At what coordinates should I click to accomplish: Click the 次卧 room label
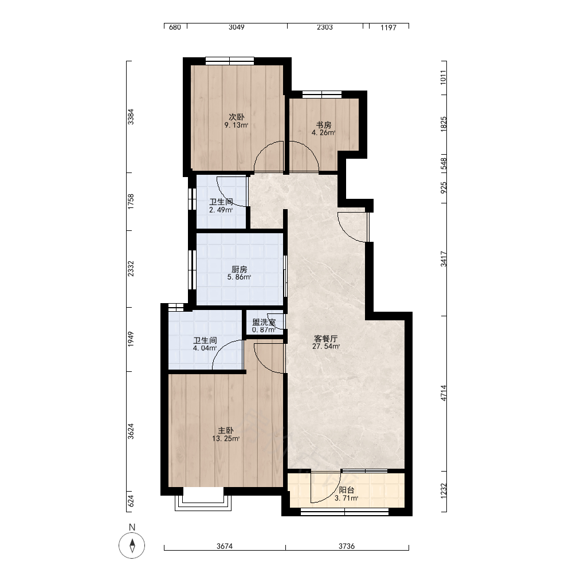(x=237, y=117)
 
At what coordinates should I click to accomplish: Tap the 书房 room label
(x=323, y=125)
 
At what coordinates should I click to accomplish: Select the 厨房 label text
(x=239, y=269)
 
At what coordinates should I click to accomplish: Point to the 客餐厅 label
(x=326, y=339)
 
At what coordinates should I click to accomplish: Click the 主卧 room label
(x=225, y=431)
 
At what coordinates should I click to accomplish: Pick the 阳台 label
(x=346, y=490)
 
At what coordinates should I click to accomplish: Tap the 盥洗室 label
(x=264, y=322)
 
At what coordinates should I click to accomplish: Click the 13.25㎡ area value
(x=225, y=439)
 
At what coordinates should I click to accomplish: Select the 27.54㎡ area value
(x=326, y=347)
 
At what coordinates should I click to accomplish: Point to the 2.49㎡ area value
(x=221, y=210)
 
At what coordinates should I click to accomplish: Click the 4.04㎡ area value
(x=205, y=348)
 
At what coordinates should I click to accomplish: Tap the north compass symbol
(x=132, y=545)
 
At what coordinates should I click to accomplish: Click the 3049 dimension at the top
(x=237, y=27)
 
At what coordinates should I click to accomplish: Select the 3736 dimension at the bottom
(x=347, y=546)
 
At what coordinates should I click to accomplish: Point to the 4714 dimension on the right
(x=444, y=393)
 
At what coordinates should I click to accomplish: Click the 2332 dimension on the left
(x=131, y=269)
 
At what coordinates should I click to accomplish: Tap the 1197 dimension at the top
(x=388, y=28)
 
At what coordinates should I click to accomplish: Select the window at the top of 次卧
(x=230, y=61)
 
